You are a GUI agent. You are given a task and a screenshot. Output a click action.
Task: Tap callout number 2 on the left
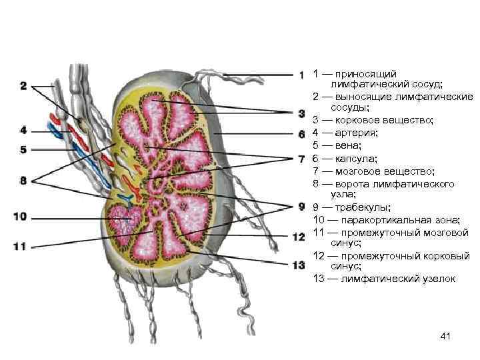pos(23,86)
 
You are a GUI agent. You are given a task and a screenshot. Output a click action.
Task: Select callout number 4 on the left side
pos(23,130)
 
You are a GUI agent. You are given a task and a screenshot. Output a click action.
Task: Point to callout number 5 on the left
pos(23,150)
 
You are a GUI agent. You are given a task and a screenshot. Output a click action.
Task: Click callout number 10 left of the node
pos(19,216)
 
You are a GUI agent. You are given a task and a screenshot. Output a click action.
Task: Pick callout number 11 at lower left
pos(19,246)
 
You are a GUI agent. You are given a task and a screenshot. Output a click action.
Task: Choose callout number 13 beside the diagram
pos(299,265)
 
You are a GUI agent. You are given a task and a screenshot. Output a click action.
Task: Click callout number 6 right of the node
pos(301,134)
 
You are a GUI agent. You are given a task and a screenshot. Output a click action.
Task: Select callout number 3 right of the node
pos(301,113)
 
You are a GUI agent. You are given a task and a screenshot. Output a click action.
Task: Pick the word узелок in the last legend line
pos(437,278)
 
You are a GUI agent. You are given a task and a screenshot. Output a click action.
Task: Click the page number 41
pos(446,337)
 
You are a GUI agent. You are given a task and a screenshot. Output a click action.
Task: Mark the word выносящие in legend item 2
pos(365,97)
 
